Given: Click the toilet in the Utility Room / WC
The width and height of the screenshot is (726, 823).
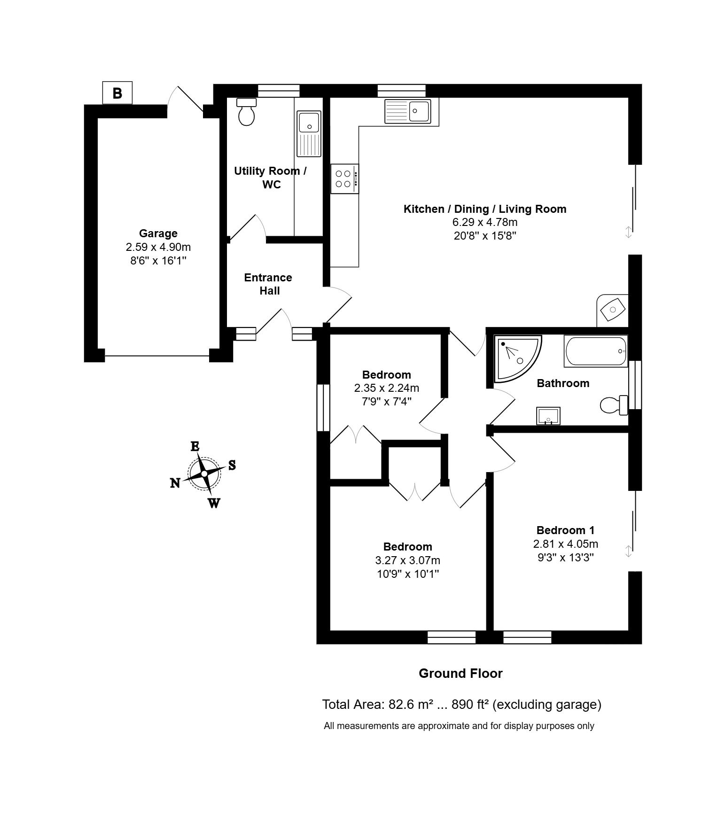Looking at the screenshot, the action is [246, 112].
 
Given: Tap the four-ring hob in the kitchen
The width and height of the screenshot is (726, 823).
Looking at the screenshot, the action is [345, 179].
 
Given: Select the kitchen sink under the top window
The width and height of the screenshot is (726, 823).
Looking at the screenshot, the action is [407, 111].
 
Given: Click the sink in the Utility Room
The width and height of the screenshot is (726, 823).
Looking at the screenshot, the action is [309, 134].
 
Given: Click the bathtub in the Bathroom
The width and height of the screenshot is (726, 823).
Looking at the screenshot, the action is [596, 351].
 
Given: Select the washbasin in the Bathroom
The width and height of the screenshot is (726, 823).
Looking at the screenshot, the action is [548, 416].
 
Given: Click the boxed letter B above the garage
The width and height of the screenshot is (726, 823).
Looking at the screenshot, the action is [117, 93].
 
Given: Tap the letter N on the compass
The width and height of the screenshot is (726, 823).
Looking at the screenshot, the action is [175, 483].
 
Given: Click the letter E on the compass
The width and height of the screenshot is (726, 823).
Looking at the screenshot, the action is [195, 446].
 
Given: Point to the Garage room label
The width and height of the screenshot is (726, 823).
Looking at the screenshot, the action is [158, 233].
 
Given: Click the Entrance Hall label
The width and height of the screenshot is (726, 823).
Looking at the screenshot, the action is [268, 284].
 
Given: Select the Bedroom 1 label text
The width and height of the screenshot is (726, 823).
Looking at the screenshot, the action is [565, 530].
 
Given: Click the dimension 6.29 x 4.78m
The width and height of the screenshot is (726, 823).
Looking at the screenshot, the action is [485, 222].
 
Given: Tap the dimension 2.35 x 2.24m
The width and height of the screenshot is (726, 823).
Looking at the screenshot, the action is [387, 388].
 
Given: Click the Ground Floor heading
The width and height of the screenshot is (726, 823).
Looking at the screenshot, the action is [461, 674].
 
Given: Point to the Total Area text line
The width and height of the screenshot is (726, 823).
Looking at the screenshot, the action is [461, 705].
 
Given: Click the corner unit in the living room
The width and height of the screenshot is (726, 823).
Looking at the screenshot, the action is [613, 311].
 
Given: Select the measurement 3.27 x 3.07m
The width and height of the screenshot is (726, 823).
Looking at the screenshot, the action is [407, 560].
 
